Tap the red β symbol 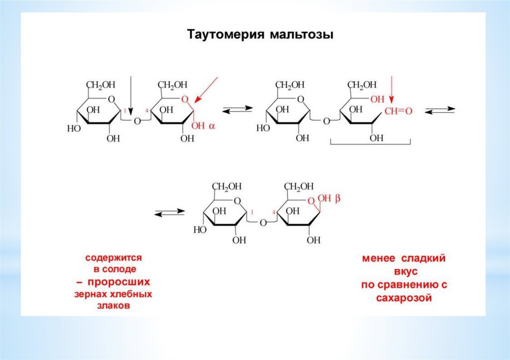point(337,199)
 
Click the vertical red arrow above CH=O point(392,90)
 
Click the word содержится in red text point(114,258)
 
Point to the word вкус point(403,272)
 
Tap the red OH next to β point(324,199)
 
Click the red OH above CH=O point(378,99)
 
